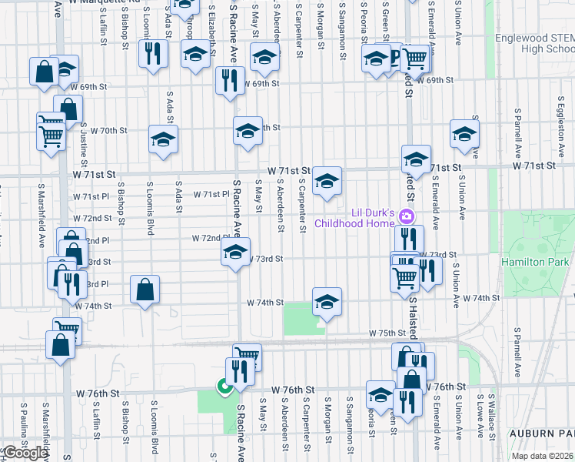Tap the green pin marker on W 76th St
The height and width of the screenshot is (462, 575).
224,387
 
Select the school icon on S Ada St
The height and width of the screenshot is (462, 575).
163,139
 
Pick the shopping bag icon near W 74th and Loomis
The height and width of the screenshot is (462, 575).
145,290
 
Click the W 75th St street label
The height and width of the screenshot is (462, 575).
386,333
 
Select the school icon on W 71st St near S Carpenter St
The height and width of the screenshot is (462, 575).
327,181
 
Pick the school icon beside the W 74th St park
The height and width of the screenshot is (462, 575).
326,303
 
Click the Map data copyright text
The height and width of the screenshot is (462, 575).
543,456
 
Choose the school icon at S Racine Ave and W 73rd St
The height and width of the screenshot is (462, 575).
235,251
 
